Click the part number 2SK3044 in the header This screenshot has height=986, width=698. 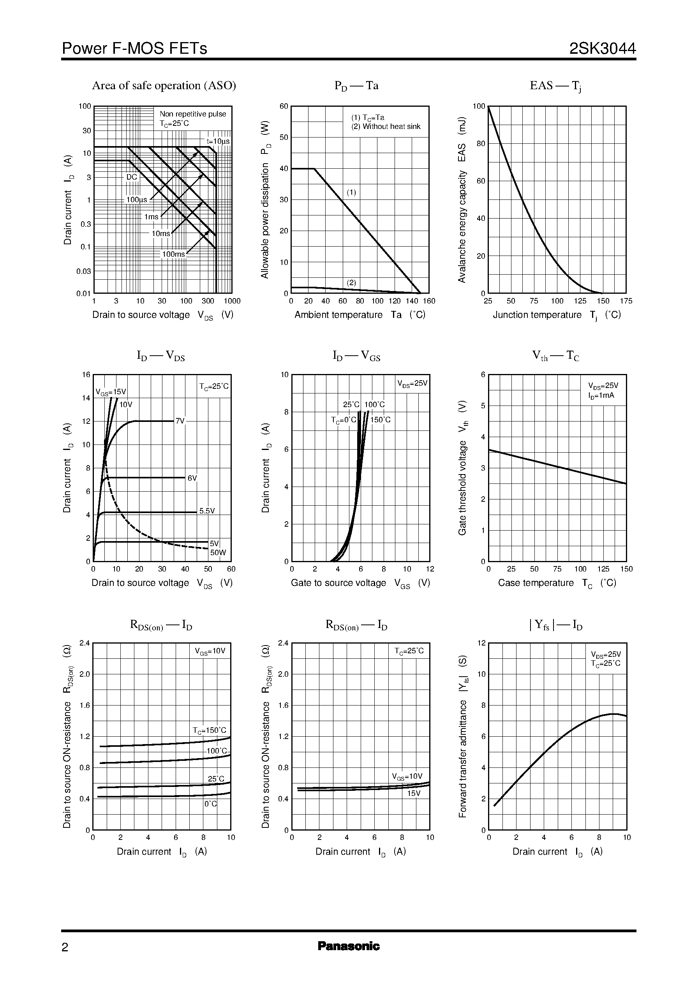click(x=602, y=49)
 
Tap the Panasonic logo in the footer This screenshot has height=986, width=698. click(x=349, y=946)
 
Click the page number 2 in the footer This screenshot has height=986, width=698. click(x=65, y=947)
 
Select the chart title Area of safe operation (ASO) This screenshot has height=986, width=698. click(x=164, y=86)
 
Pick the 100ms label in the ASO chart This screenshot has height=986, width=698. click(x=173, y=254)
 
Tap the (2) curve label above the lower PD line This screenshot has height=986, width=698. click(x=352, y=282)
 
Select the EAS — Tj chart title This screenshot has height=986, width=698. click(x=555, y=86)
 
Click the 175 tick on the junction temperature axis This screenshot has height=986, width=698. click(x=626, y=301)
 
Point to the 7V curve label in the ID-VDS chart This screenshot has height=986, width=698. click(x=180, y=421)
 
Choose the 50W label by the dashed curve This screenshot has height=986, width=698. click(x=218, y=553)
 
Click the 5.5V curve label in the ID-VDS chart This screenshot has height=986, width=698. click(x=207, y=511)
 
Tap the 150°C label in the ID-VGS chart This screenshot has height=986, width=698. click(x=381, y=420)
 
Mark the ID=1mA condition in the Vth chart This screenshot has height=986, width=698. click(x=601, y=395)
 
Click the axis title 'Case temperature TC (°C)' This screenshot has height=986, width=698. click(x=557, y=583)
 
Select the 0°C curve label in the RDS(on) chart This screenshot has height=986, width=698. click(x=211, y=803)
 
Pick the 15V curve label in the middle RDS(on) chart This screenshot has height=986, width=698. click(x=414, y=793)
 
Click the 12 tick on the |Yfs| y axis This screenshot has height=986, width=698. click(x=481, y=643)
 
